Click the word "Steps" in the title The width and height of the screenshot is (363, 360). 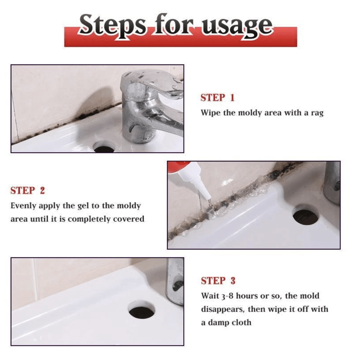click(x=113, y=26)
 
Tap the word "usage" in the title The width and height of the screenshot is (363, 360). click(x=237, y=28)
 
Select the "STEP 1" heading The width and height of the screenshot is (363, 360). click(x=218, y=98)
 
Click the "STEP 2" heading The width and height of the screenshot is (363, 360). click(x=28, y=190)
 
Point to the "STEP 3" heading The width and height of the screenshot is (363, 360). click(x=218, y=280)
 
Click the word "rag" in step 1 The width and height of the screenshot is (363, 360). click(x=317, y=113)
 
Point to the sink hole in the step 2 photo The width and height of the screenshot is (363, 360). click(x=305, y=215)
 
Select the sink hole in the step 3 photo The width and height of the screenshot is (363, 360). click(x=142, y=310)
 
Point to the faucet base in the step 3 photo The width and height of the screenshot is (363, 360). click(x=175, y=281)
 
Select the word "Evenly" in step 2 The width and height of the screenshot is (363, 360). click(x=23, y=206)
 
